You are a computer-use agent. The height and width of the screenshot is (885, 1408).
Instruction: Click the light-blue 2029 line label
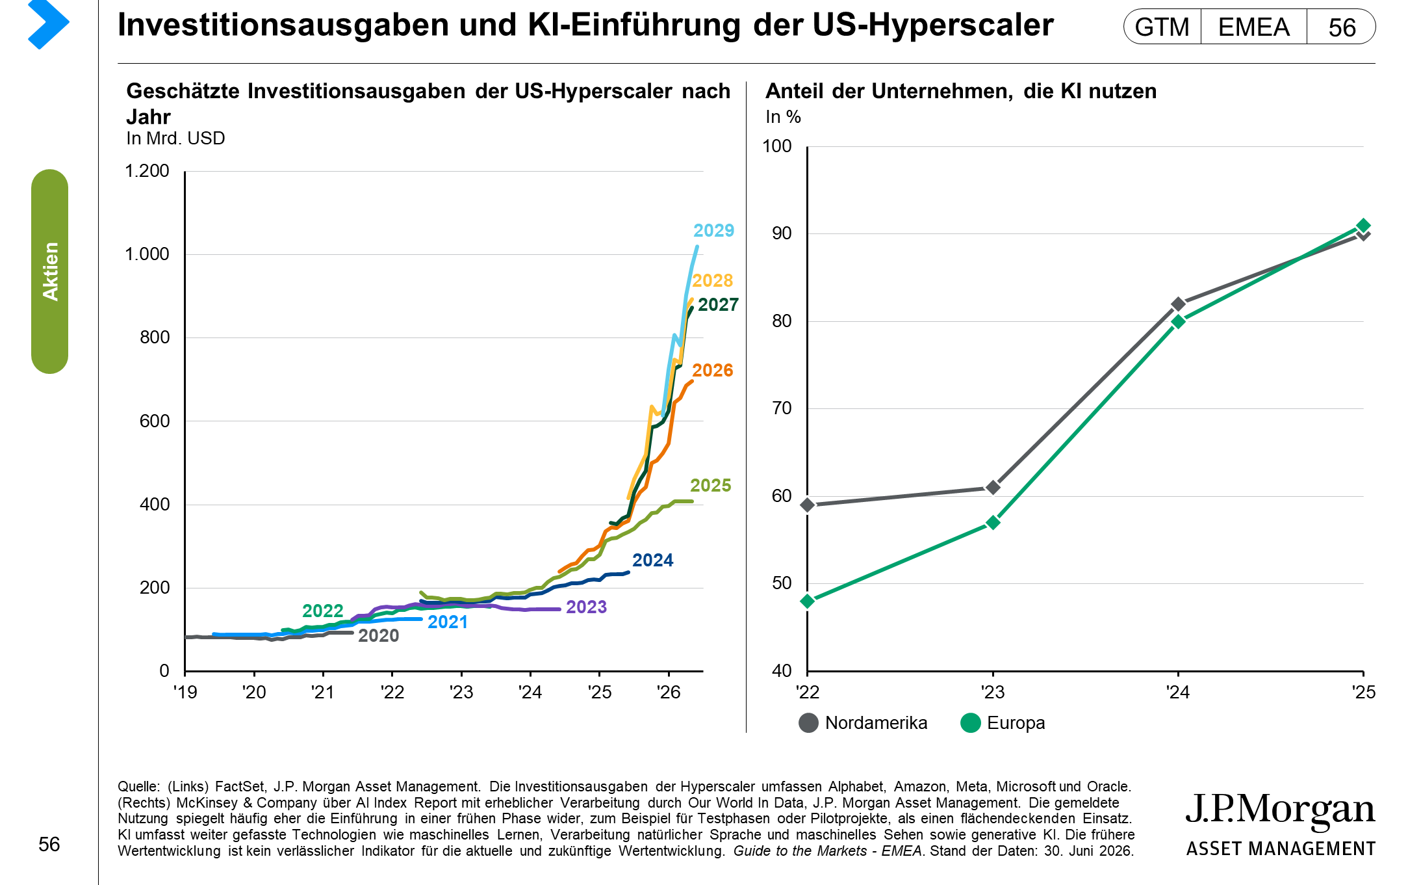pos(713,231)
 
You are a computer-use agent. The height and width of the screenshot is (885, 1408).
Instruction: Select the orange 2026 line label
pos(712,371)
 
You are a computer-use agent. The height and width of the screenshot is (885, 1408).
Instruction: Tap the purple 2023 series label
pos(586,607)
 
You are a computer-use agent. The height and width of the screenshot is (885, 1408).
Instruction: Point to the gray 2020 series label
pos(378,636)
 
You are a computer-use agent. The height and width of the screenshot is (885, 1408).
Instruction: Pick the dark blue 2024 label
pos(652,561)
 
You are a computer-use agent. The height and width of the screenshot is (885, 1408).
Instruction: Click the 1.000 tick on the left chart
pos(147,254)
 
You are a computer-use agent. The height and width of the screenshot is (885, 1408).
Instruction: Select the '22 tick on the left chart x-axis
pos(392,693)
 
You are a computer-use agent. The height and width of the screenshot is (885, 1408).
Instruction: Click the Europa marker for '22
pos(808,601)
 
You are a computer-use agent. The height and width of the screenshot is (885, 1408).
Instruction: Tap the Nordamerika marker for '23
pos(993,488)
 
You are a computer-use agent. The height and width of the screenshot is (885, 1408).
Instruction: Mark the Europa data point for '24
pos(1178,321)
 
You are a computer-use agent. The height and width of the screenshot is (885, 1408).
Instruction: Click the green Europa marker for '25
pos(1363,226)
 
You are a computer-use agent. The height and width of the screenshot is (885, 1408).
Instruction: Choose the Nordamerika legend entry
pos(863,723)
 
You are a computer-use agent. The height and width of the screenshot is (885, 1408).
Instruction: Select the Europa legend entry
pos(1003,723)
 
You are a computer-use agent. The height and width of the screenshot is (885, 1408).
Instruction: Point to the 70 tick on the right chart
pos(782,408)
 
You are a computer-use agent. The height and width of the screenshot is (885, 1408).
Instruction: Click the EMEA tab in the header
pos(1253,27)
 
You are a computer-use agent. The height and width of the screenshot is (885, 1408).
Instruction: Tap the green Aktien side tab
pos(50,271)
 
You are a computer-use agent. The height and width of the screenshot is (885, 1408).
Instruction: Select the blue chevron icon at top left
pos(49,25)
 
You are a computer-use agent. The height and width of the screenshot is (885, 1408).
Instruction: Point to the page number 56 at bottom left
pos(49,845)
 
